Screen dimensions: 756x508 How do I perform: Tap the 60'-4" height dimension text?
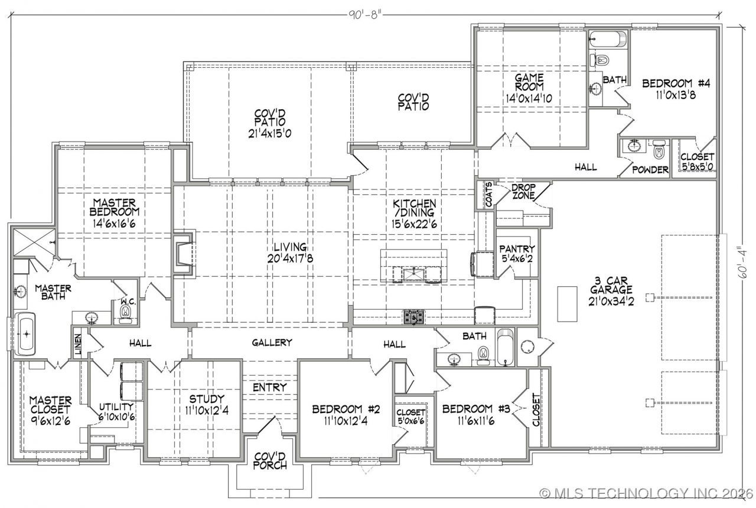click(x=742, y=261)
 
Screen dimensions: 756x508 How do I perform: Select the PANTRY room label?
click(x=517, y=249)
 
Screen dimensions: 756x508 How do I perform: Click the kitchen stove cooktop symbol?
click(x=414, y=317)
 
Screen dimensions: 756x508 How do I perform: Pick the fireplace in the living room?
click(x=184, y=254)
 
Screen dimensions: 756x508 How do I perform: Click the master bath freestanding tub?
click(x=26, y=334)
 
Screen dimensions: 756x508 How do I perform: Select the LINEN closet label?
click(x=78, y=344)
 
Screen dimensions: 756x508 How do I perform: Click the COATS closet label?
click(x=488, y=195)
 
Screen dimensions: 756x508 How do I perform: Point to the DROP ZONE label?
click(x=523, y=192)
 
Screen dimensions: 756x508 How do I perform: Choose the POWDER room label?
click(x=650, y=170)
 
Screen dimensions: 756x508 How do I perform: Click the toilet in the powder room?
click(x=659, y=149)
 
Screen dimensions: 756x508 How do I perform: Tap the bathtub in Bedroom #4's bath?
click(x=608, y=39)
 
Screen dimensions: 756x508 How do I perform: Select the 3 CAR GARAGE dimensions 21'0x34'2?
click(x=611, y=301)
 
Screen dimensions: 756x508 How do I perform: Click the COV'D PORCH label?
click(x=270, y=461)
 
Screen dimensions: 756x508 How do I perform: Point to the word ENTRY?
click(x=270, y=387)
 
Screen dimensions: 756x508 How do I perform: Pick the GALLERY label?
click(x=272, y=342)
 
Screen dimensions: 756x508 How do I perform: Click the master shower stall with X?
click(x=34, y=242)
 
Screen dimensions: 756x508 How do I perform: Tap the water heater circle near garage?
click(x=527, y=346)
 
